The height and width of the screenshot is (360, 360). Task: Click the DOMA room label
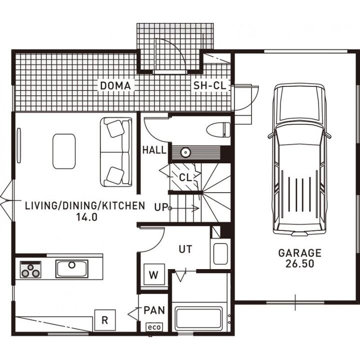(x=115, y=86)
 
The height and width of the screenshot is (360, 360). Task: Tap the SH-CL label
(x=209, y=85)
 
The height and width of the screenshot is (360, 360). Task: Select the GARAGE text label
(x=300, y=253)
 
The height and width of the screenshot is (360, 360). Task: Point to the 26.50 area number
(x=300, y=264)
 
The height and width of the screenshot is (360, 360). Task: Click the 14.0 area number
(x=87, y=217)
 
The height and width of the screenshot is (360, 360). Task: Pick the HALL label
(x=154, y=150)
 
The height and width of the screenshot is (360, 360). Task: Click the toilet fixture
(x=218, y=130)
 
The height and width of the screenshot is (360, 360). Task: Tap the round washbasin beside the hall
(x=185, y=152)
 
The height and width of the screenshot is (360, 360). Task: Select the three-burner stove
(x=30, y=270)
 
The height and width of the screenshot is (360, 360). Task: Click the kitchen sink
(x=72, y=269)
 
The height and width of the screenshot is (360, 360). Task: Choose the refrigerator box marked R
(x=105, y=320)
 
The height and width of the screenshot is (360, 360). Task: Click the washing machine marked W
(x=154, y=274)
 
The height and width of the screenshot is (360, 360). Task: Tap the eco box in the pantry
(x=154, y=327)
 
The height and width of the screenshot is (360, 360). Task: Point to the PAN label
(x=154, y=310)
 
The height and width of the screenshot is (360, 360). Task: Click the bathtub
(x=199, y=318)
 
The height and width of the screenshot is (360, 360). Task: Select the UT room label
(x=185, y=249)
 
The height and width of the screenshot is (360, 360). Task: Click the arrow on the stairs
(x=184, y=208)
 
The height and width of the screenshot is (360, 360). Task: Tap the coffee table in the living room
(x=64, y=151)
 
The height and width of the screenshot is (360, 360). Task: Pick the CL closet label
(x=185, y=177)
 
